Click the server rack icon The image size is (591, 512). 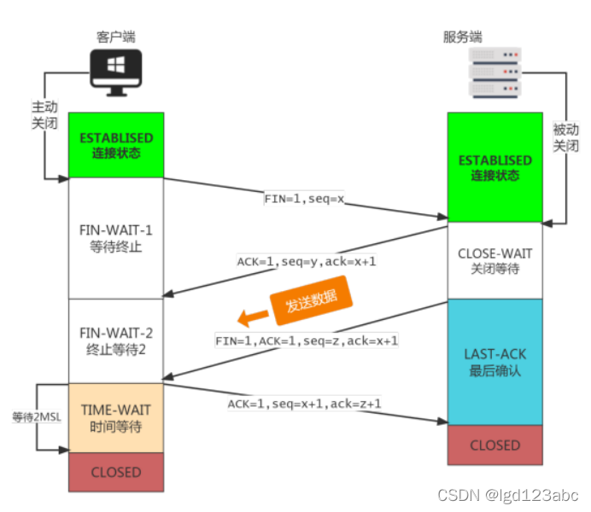(x=495, y=72)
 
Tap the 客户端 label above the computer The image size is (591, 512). (x=115, y=37)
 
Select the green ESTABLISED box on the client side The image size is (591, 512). (x=116, y=145)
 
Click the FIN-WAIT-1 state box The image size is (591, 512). (x=116, y=238)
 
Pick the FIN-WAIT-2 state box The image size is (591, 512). (x=116, y=340)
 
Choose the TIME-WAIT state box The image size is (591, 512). (x=116, y=417)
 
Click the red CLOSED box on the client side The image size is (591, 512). (x=116, y=471)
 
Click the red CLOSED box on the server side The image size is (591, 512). (x=494, y=445)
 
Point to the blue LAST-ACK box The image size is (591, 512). (x=494, y=362)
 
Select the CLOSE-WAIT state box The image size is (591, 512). (x=494, y=260)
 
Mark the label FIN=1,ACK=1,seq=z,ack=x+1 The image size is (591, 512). (x=307, y=340)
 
